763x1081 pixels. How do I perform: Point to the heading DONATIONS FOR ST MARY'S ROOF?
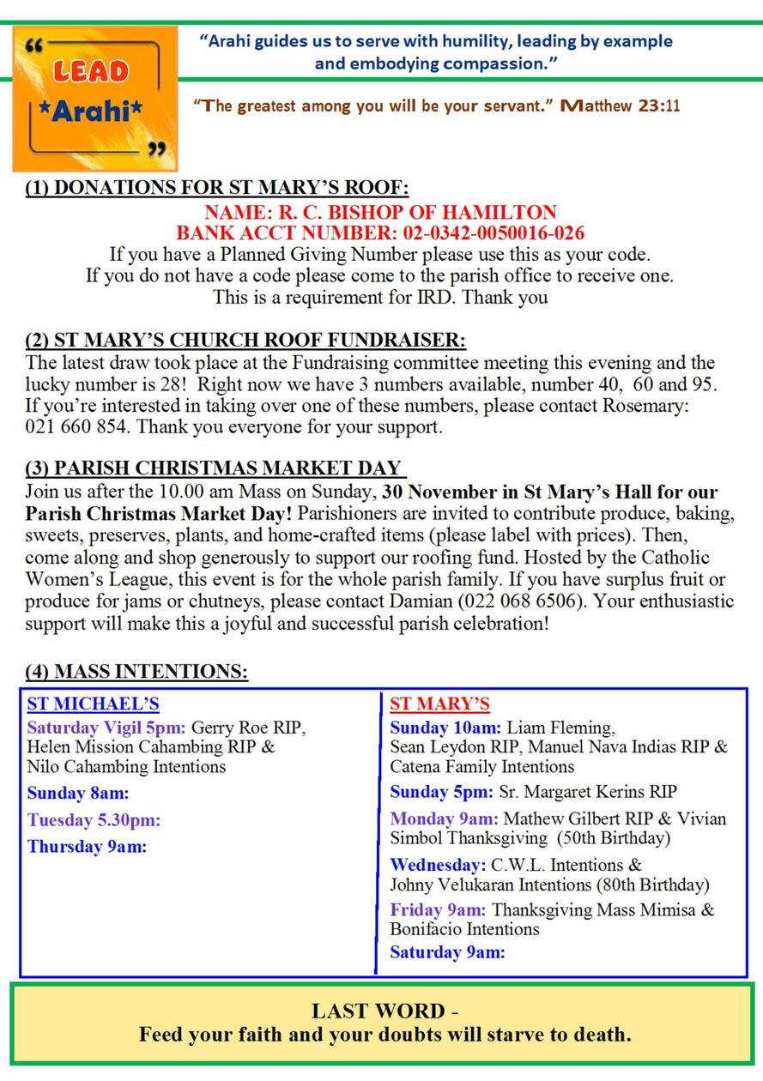click(216, 189)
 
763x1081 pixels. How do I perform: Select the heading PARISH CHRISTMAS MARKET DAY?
click(214, 468)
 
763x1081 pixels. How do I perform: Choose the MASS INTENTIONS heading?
click(137, 672)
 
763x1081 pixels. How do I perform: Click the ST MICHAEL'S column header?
click(93, 704)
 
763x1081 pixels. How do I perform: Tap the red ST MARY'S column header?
click(439, 704)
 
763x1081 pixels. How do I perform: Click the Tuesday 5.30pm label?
click(94, 820)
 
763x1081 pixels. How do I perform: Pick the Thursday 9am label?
click(87, 847)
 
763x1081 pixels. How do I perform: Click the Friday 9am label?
click(438, 909)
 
